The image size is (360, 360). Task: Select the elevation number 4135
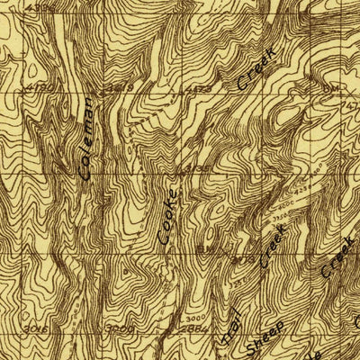tap(198, 168)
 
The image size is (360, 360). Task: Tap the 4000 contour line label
tap(290, 204)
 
